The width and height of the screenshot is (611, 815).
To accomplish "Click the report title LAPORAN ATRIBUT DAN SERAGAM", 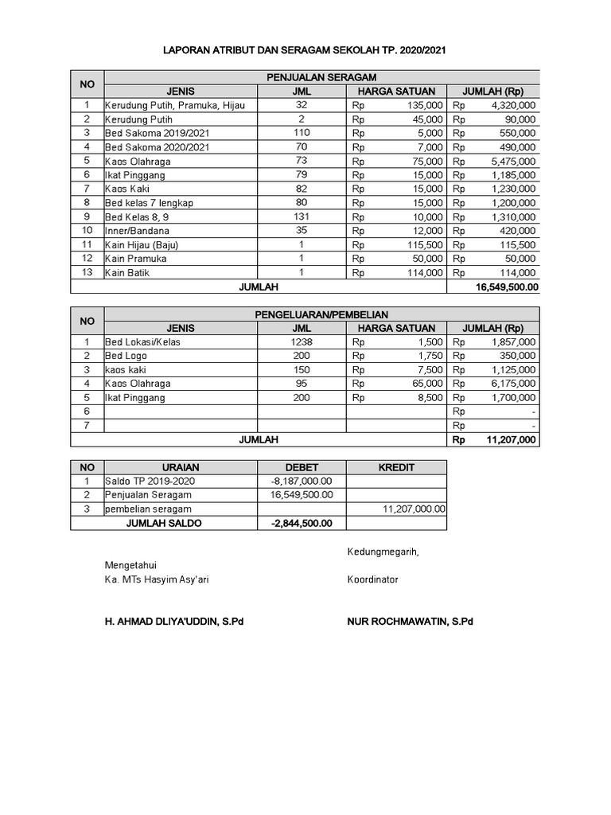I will pyautogui.click(x=305, y=49).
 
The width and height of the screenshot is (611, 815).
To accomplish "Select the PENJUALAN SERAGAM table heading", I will pyautogui.click(x=321, y=77).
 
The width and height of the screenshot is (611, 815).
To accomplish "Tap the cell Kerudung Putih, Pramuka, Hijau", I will pyautogui.click(x=175, y=105).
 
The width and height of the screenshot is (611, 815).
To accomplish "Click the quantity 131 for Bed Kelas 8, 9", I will pyautogui.click(x=301, y=216).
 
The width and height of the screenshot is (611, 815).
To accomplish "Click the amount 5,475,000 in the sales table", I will pyautogui.click(x=513, y=161).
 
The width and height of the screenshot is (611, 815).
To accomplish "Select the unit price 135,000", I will pyautogui.click(x=424, y=105).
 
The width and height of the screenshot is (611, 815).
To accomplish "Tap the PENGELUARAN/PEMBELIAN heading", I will pyautogui.click(x=321, y=315).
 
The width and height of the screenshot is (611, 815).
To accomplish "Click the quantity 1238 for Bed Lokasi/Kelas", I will pyautogui.click(x=301, y=342).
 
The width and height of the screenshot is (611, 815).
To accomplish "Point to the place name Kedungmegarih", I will pyautogui.click(x=383, y=552).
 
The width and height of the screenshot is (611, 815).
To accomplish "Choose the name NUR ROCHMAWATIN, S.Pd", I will pyautogui.click(x=410, y=622).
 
